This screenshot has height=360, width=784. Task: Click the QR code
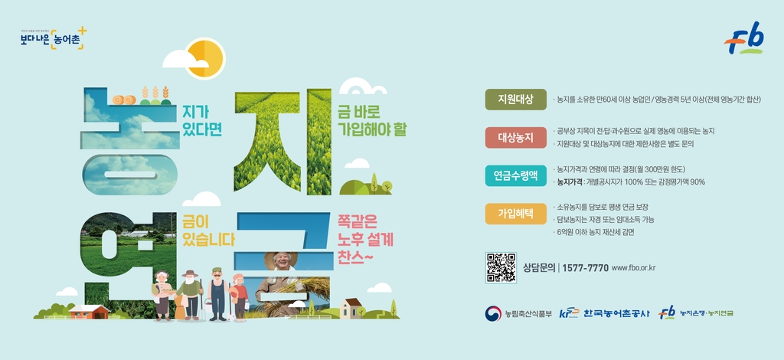tap(501, 267)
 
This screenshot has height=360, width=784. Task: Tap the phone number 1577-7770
tap(586, 268)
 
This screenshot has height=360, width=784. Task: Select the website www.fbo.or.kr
tap(635, 268)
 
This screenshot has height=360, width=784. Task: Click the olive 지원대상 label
tap(515, 100)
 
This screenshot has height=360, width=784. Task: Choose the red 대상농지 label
tap(515, 138)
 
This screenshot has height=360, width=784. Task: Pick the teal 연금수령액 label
tap(515, 175)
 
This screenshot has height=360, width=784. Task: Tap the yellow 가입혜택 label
tap(515, 213)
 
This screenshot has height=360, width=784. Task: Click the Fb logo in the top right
tap(744, 38)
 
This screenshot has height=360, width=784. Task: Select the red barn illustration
tap(90, 311)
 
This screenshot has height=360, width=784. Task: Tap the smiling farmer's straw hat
tap(280, 259)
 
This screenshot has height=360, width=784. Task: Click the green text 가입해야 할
tap(372, 128)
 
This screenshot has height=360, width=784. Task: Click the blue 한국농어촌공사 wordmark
tap(616, 313)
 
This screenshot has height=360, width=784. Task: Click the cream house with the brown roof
tap(353, 307)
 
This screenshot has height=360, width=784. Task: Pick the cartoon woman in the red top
tap(240, 295)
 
